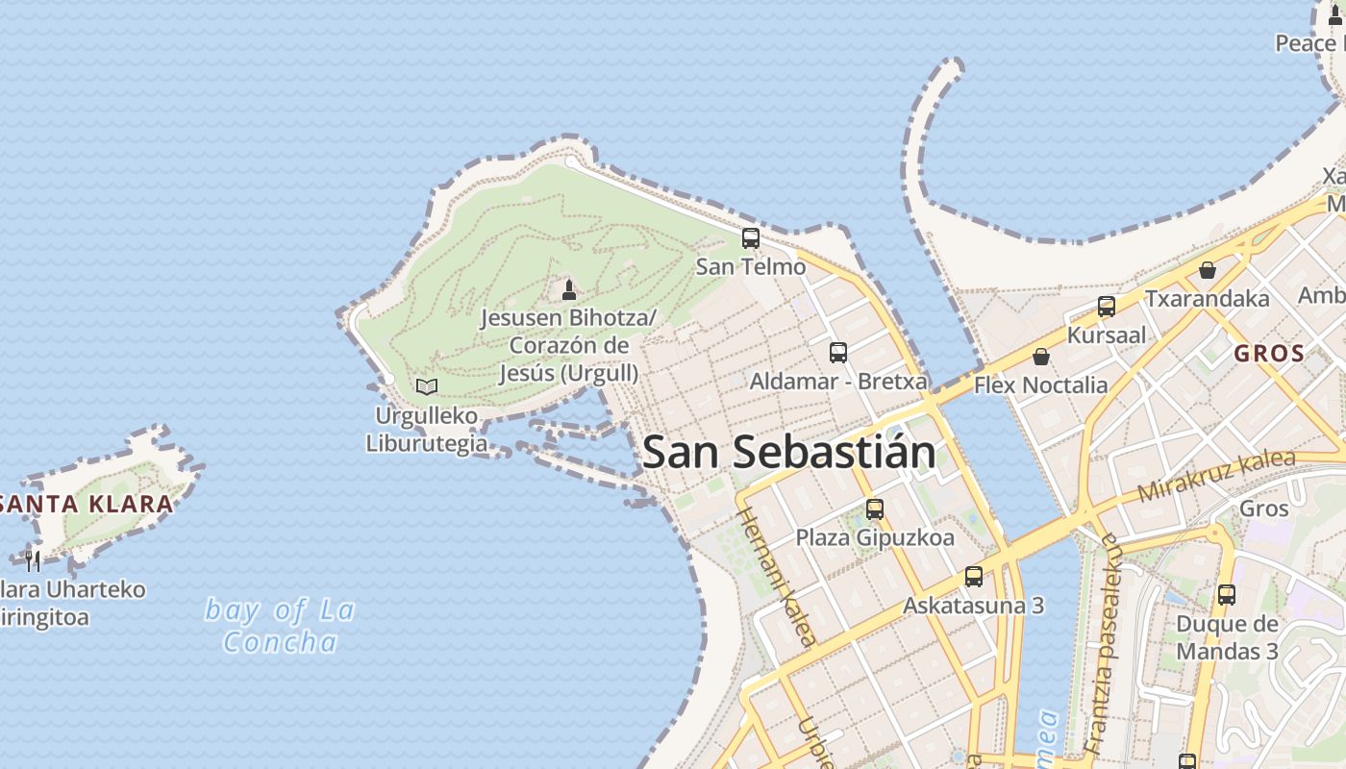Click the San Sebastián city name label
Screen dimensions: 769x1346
point(788,452)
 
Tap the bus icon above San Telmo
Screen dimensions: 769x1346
point(751,238)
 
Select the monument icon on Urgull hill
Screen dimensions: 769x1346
point(569,289)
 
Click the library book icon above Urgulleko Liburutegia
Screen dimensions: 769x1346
point(427,386)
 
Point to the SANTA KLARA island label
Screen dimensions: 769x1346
point(87,504)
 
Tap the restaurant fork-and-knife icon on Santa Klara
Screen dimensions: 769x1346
point(34,559)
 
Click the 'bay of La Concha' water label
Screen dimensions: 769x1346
point(280,626)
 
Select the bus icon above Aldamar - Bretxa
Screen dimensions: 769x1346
point(838,353)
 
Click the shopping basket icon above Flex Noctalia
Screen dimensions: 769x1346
point(1040,358)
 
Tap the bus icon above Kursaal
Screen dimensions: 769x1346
point(1107,307)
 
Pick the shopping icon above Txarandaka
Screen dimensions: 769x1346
point(1207,270)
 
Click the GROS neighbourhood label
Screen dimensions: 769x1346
point(1269,354)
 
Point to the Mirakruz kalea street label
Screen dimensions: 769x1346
point(1216,475)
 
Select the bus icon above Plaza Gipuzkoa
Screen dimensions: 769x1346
point(874,509)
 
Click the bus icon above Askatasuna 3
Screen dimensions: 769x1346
point(974,577)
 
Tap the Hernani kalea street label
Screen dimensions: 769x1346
point(778,576)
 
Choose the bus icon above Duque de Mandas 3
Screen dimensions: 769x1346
point(1226,595)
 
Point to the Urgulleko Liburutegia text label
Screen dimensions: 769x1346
point(426,430)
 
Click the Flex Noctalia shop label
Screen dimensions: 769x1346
point(1040,385)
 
